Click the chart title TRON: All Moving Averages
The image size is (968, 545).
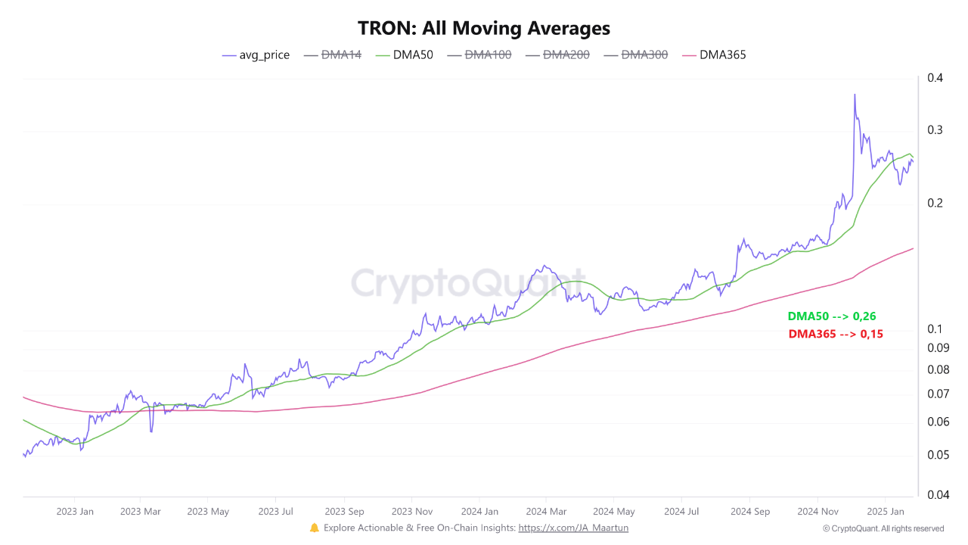coord(484,28)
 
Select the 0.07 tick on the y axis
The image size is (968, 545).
coord(937,394)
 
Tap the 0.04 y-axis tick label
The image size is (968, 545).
coord(937,495)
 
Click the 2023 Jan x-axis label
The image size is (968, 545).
coord(75,512)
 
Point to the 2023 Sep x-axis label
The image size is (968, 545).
coord(344,512)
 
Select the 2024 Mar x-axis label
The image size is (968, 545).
coord(546,512)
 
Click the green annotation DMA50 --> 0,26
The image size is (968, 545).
coord(831,316)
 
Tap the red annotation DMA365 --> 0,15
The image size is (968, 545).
coord(836,334)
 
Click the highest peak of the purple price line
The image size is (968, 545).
coord(855,95)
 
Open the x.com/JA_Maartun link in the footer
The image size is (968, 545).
coord(573,528)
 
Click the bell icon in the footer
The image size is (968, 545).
coord(315,528)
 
